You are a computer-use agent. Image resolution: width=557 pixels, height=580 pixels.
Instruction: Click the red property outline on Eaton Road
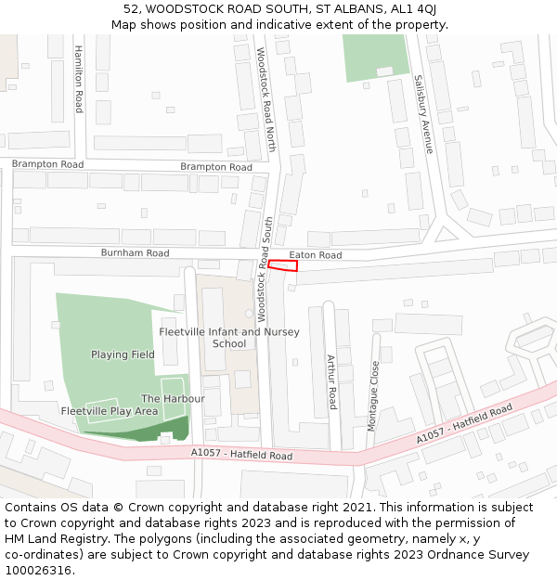[x=282, y=265]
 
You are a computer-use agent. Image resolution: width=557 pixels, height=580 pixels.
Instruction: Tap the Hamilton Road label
[x=80, y=79]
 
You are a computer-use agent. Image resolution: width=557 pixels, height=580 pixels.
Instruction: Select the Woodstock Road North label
[x=266, y=99]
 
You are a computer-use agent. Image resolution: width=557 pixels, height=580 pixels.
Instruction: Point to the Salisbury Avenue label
[x=423, y=113]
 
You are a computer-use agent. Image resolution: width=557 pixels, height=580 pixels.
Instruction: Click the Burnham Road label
[x=135, y=252]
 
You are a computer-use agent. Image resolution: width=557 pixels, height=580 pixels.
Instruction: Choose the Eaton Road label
[x=315, y=255]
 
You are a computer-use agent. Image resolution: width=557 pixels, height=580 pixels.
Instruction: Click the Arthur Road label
[x=331, y=381]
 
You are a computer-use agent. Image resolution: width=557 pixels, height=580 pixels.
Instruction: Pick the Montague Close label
[x=374, y=394]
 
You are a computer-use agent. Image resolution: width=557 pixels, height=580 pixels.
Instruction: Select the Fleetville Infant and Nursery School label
[x=229, y=338]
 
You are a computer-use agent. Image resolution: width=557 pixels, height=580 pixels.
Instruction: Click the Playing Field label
[x=123, y=354]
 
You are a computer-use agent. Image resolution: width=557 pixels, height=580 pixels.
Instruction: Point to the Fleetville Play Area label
[x=110, y=410]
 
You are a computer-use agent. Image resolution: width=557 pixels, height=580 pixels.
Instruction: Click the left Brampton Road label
[x=47, y=164]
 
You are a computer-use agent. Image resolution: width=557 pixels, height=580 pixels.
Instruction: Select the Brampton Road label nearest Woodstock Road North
[x=216, y=167]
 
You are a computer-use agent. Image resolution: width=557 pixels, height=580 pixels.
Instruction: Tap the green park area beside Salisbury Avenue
[x=375, y=58]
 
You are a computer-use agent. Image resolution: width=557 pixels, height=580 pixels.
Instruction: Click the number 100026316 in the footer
[x=38, y=570]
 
